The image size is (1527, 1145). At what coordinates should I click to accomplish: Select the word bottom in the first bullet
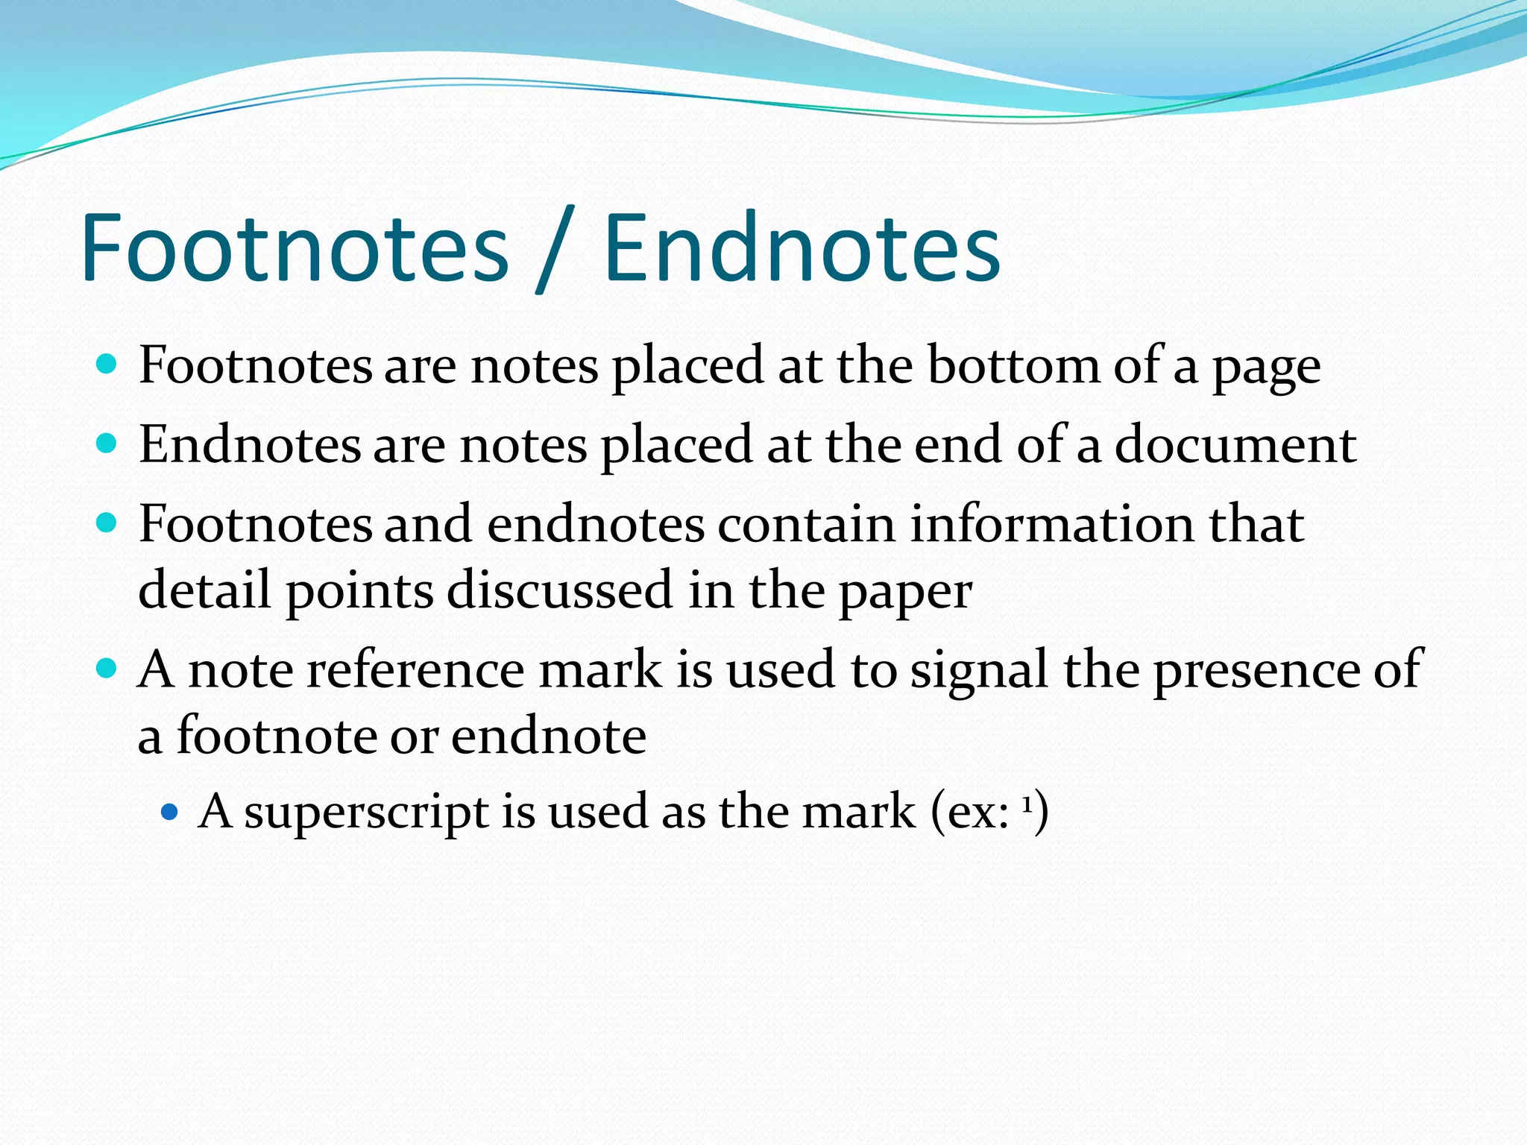(x=1013, y=366)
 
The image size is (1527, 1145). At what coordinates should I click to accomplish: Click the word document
(x=1235, y=445)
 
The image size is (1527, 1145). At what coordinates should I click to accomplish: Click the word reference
(x=416, y=669)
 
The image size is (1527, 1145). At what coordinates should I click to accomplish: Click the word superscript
(x=366, y=813)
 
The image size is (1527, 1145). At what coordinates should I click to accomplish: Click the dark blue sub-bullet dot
(x=170, y=810)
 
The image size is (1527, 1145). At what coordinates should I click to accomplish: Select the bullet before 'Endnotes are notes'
(x=107, y=444)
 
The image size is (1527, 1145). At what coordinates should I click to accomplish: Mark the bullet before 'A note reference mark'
(x=107, y=667)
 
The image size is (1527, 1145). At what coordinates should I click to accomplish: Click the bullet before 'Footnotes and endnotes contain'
(x=107, y=523)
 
